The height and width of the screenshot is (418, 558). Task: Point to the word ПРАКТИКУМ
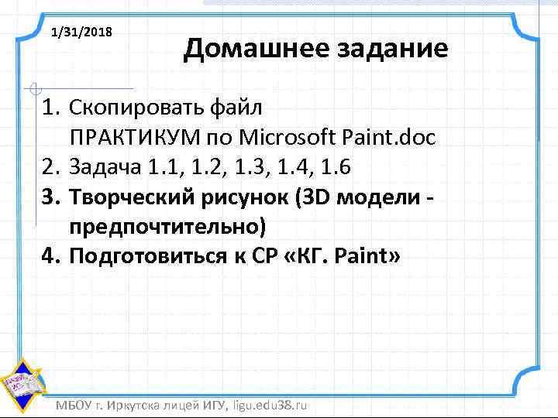click(x=135, y=138)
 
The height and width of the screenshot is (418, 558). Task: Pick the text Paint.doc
click(x=395, y=138)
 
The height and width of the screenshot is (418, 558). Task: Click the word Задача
click(x=100, y=166)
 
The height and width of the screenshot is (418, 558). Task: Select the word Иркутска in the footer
click(x=137, y=405)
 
